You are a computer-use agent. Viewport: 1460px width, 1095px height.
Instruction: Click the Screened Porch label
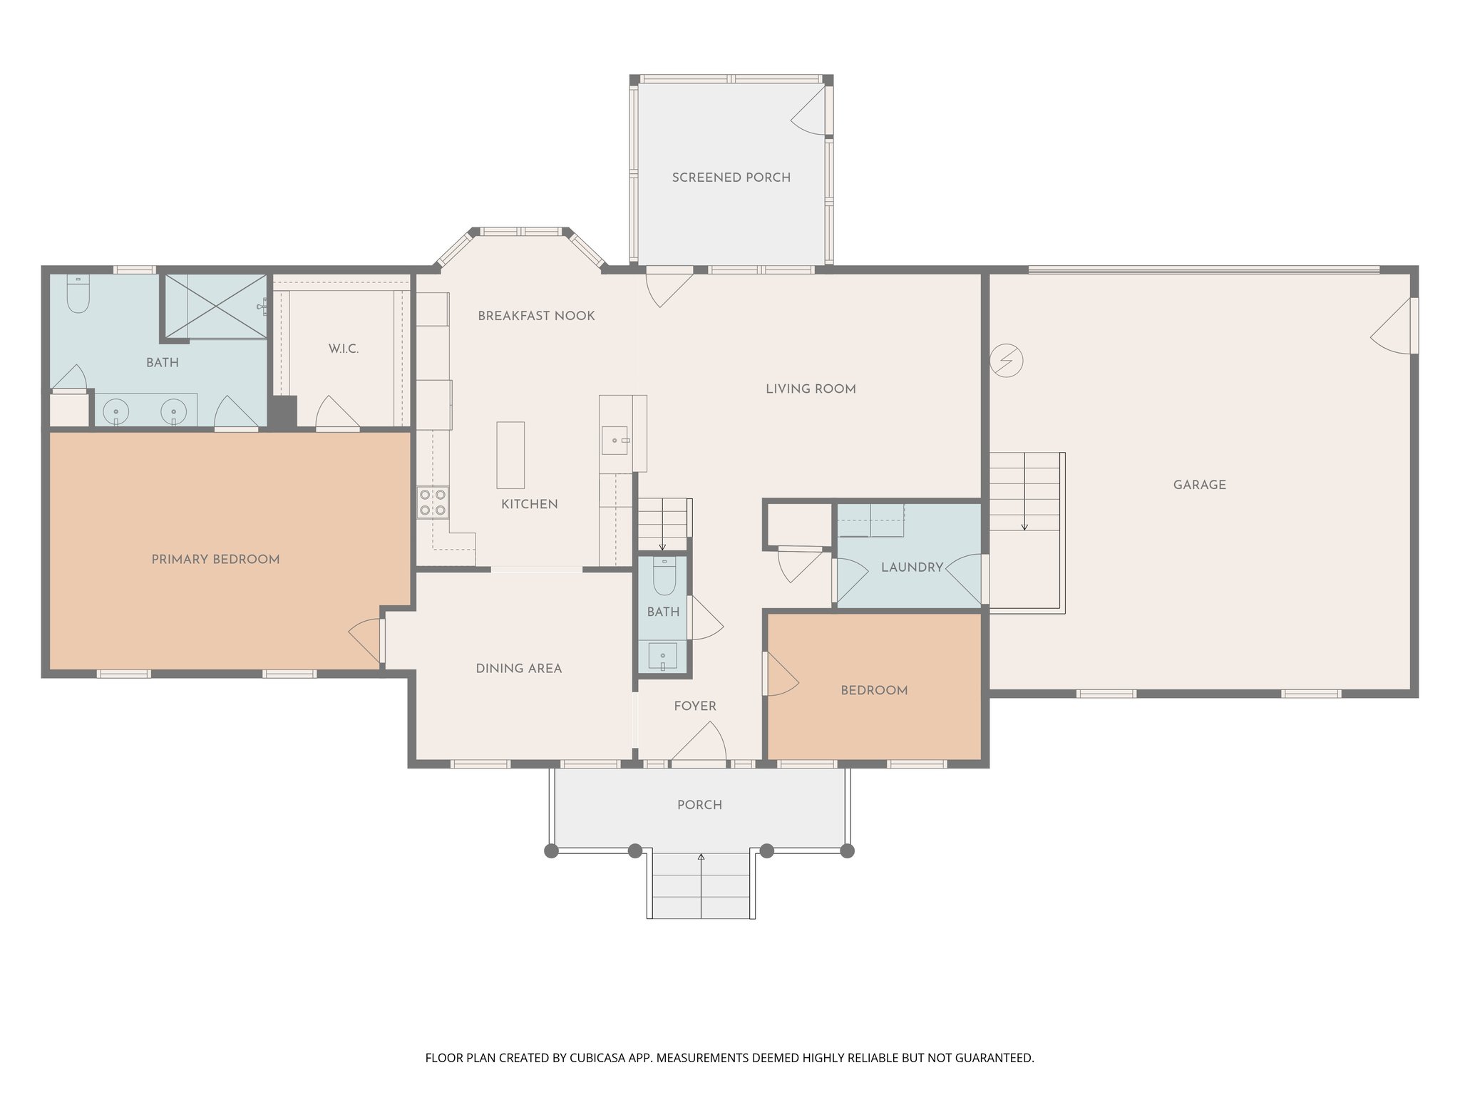(731, 178)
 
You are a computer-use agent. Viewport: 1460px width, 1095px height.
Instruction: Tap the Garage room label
(1199, 485)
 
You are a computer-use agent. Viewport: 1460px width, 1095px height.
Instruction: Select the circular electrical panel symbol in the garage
(1006, 361)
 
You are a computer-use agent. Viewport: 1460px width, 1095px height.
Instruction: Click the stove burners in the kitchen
(432, 501)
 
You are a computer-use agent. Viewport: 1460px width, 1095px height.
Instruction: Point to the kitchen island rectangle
(510, 455)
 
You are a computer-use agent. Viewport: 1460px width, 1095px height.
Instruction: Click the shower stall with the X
(216, 306)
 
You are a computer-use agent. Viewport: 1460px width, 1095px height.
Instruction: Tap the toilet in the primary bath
(78, 294)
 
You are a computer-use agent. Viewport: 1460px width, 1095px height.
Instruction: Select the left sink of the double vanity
(115, 411)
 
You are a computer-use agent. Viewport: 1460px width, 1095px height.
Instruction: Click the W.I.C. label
(343, 349)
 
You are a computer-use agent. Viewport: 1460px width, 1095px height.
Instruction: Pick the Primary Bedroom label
(215, 560)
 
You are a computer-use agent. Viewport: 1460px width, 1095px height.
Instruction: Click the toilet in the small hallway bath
(664, 577)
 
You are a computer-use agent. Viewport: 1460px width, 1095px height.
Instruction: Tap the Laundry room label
(912, 567)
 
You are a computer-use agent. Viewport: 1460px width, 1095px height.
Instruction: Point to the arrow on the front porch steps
(701, 857)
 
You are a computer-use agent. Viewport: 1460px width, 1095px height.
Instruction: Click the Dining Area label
(518, 669)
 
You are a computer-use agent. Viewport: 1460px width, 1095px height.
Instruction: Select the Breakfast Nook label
(536, 316)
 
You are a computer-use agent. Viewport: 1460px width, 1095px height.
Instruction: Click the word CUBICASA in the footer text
(597, 1058)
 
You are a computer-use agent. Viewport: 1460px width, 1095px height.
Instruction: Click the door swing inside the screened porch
(809, 110)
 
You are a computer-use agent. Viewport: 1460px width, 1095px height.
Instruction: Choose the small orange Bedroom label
(873, 690)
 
